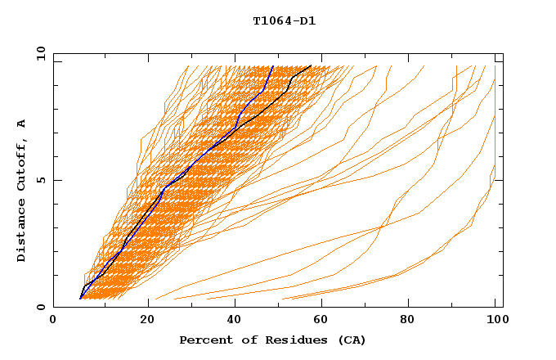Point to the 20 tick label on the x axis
coord(148,322)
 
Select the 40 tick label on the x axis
coord(236,322)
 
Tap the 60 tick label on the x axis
coord(325,322)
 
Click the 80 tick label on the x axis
coord(414,322)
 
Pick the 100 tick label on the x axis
coord(495,322)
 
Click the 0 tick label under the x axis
coord(53,322)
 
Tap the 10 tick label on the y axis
coord(38,54)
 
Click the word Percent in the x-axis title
coord(202,340)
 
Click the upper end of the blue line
coord(273,65)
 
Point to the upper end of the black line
coord(312,65)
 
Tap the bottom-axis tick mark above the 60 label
coord(325,304)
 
